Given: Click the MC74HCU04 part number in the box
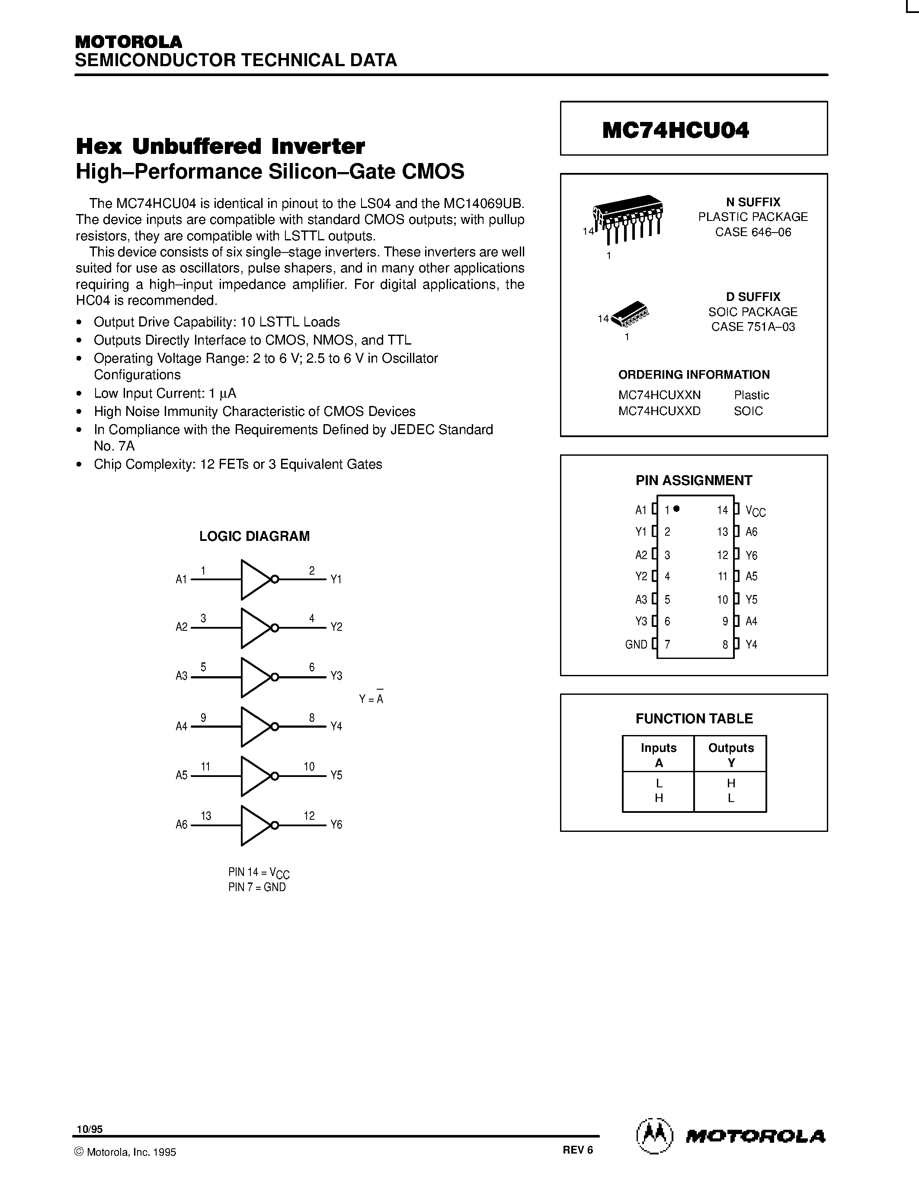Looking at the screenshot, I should [x=675, y=130].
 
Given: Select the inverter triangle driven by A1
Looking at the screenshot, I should [x=254, y=579].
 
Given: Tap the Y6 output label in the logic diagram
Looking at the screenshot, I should [x=336, y=825].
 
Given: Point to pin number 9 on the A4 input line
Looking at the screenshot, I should [x=203, y=718].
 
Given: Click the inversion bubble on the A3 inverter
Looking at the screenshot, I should [x=275, y=677].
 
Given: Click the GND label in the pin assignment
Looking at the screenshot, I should [x=636, y=645].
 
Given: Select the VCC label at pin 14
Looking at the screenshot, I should [x=755, y=511].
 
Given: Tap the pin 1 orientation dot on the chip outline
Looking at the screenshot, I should [x=676, y=509].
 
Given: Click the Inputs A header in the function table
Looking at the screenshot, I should [x=658, y=754].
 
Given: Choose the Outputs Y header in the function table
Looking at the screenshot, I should [x=730, y=754].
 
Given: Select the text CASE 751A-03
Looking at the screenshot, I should [x=753, y=326].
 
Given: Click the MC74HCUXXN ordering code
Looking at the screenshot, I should [x=660, y=395].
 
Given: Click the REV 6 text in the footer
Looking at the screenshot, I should [x=578, y=1150].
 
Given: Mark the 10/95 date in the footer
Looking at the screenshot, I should [x=89, y=1130].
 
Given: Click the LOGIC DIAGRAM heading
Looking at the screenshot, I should [x=254, y=536].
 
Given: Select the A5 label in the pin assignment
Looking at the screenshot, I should [x=751, y=576].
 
